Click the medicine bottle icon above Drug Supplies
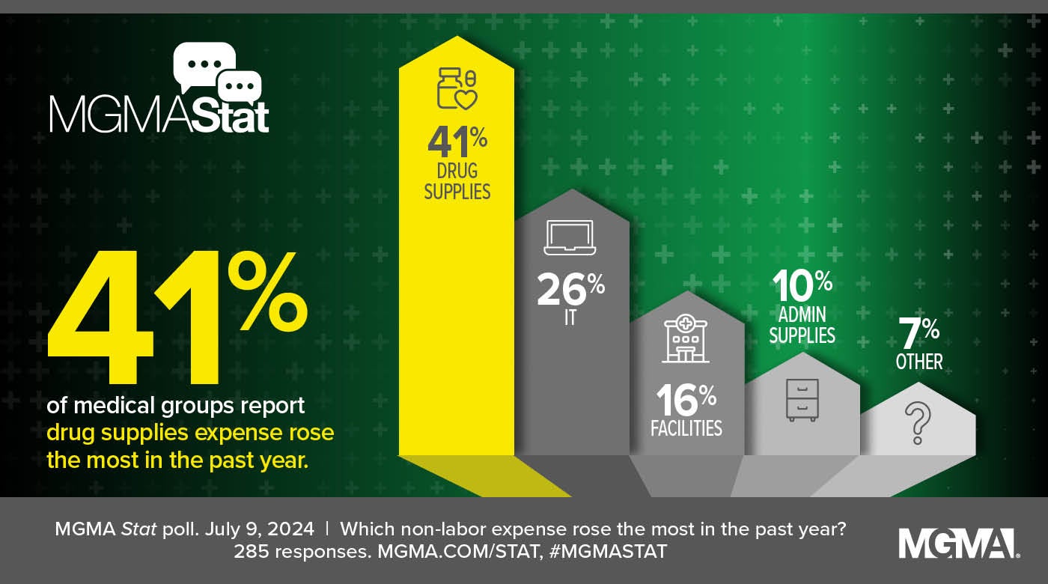click(x=457, y=89)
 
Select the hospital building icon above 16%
click(x=685, y=338)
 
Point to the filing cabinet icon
click(x=802, y=399)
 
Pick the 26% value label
click(x=570, y=291)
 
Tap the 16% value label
click(x=686, y=401)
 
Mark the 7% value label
click(x=918, y=333)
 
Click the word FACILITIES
click(x=686, y=428)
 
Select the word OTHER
click(x=919, y=362)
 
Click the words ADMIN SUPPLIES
click(x=802, y=326)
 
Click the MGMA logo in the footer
click(x=957, y=543)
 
